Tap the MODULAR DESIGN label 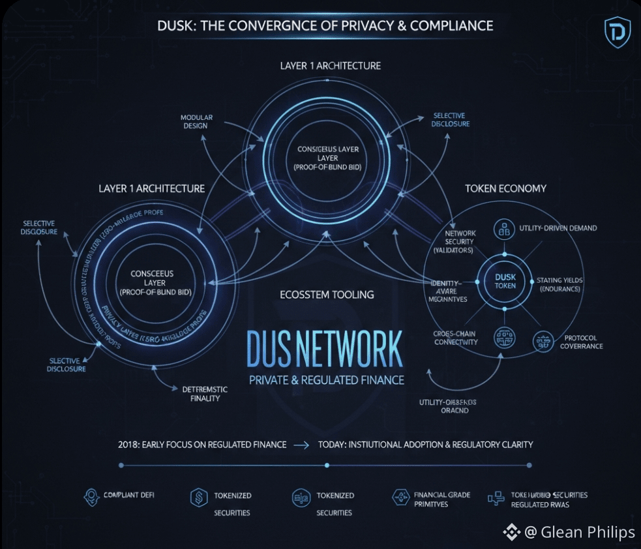pyautogui.click(x=197, y=122)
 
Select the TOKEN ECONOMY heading pyautogui.click(x=505, y=188)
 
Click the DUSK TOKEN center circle pyautogui.click(x=505, y=281)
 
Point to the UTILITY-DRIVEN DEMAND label pyautogui.click(x=558, y=229)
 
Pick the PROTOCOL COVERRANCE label pyautogui.click(x=581, y=342)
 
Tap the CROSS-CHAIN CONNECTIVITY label pyautogui.click(x=455, y=338)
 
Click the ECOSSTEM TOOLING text pyautogui.click(x=327, y=295)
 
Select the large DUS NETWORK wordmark pyautogui.click(x=325, y=349)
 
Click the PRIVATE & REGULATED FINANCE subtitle pyautogui.click(x=327, y=380)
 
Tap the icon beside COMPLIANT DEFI pyautogui.click(x=91, y=496)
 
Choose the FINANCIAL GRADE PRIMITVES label pyautogui.click(x=441, y=499)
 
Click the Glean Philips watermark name pyautogui.click(x=588, y=532)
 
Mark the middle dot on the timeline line pyautogui.click(x=327, y=466)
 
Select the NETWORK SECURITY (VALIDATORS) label pyautogui.click(x=460, y=241)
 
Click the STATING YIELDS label pyautogui.click(x=559, y=284)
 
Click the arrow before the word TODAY pyautogui.click(x=301, y=445)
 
